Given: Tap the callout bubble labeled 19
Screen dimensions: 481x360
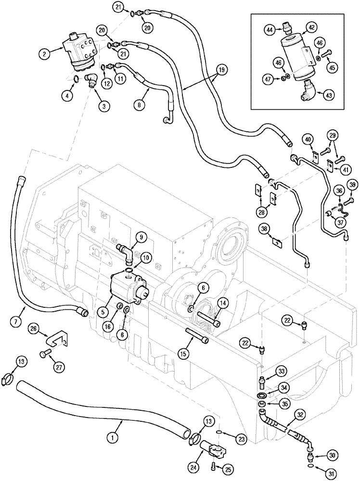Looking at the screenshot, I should (221, 70).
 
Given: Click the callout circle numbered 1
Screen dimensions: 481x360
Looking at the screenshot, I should (112, 438).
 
